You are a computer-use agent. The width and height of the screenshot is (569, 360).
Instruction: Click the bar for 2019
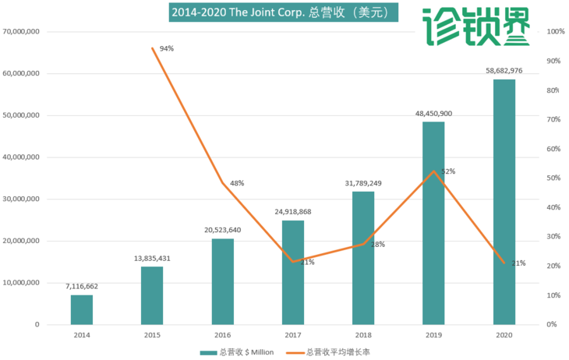pyautogui.click(x=433, y=223)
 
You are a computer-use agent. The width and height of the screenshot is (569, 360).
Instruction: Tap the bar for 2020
pyautogui.click(x=504, y=202)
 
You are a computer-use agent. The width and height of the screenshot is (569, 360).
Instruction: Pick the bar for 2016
pyautogui.click(x=222, y=281)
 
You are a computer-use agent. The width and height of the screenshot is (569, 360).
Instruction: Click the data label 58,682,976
pyautogui.click(x=504, y=70)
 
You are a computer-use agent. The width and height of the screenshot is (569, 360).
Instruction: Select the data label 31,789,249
pyautogui.click(x=363, y=183)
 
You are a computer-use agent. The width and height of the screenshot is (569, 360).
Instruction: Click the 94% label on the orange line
pyautogui.click(x=167, y=48)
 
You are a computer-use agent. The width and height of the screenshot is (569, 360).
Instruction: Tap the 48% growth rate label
pyautogui.click(x=237, y=183)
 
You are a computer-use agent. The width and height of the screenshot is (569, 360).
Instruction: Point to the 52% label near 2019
pyautogui.click(x=448, y=171)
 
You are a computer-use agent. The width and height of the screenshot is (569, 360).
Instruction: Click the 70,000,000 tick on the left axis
pyautogui.click(x=22, y=32)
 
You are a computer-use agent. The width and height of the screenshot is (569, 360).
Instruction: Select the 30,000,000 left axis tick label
pyautogui.click(x=22, y=199)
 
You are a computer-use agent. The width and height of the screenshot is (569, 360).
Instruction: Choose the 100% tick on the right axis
pyautogui.click(x=556, y=32)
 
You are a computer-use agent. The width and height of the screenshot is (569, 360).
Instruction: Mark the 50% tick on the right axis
pyautogui.click(x=556, y=178)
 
